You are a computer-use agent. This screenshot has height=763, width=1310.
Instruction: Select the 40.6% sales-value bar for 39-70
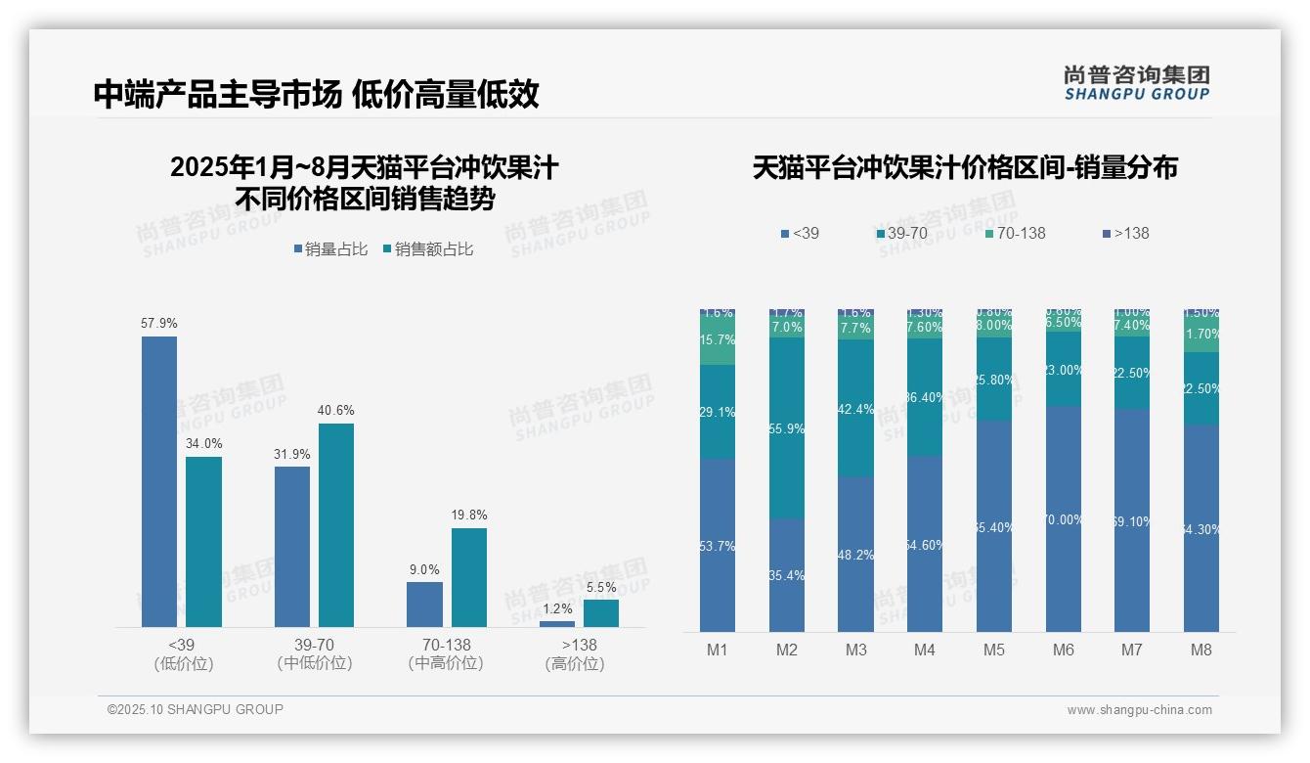coord(336,524)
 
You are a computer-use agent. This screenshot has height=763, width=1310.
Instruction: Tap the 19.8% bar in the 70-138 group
coord(469,577)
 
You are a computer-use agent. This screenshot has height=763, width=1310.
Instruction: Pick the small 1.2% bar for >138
coord(557,623)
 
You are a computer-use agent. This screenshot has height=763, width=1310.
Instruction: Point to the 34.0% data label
coord(203,443)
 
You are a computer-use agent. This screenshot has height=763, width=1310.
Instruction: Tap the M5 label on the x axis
coord(994,650)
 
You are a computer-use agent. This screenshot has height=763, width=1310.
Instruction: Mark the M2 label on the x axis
coord(787,650)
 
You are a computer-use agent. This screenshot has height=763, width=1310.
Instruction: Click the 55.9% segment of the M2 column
coord(787,428)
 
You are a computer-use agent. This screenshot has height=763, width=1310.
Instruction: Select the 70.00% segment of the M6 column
coord(1064,518)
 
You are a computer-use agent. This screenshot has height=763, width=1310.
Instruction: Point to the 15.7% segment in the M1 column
coord(718,340)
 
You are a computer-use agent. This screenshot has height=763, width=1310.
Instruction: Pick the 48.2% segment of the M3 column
coord(855,554)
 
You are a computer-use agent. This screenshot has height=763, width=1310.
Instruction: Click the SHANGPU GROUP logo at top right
coord(1136,82)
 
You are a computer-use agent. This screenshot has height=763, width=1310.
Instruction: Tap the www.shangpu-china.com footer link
coord(1139,710)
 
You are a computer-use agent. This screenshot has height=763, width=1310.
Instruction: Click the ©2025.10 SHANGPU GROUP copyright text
coord(196,709)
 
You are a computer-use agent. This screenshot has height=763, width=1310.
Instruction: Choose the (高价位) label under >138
coord(575,663)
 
